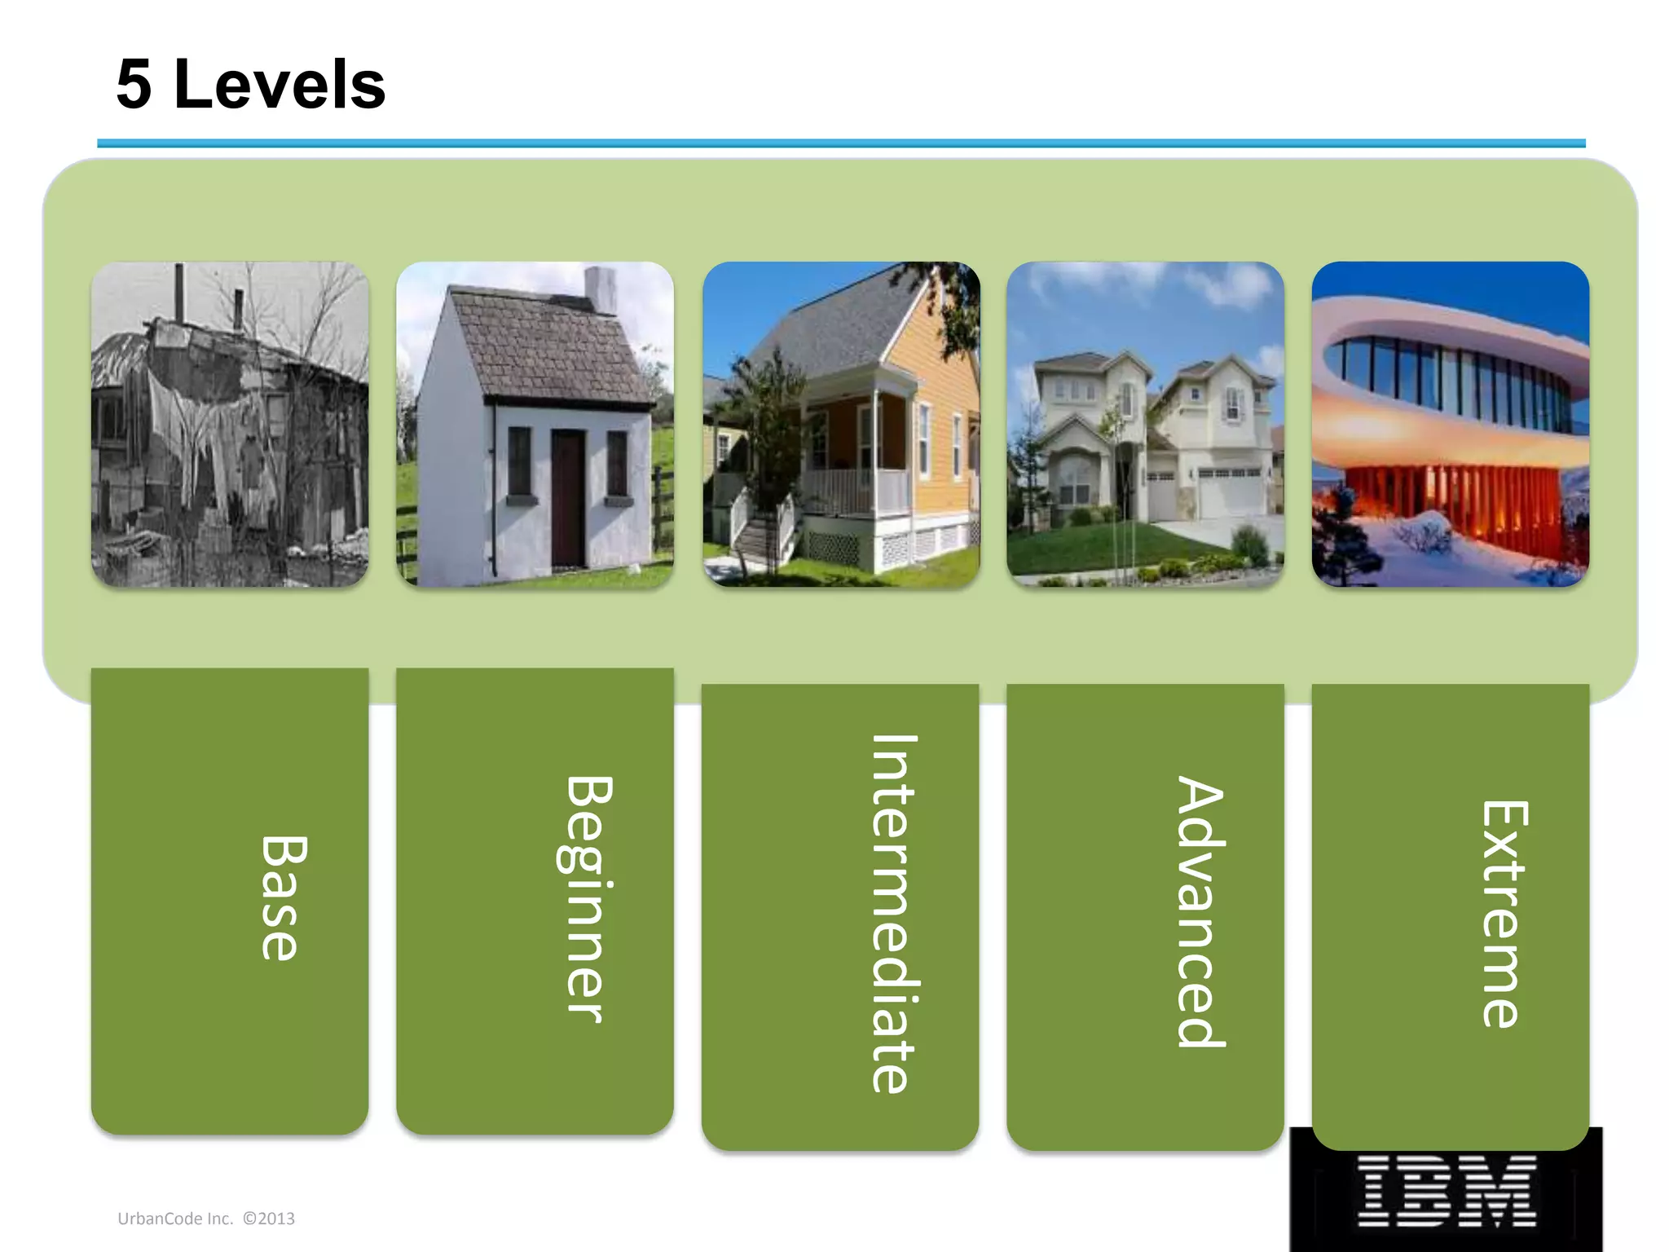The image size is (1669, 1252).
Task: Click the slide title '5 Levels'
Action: click(x=250, y=85)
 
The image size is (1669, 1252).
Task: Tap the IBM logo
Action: click(x=1446, y=1191)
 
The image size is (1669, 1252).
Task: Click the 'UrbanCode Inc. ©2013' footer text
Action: click(x=206, y=1219)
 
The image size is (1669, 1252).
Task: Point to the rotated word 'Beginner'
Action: click(x=587, y=898)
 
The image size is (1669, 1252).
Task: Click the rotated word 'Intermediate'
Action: click(x=892, y=913)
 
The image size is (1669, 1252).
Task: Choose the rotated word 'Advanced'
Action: click(x=1199, y=910)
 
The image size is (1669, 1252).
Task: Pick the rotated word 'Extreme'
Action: click(x=1504, y=913)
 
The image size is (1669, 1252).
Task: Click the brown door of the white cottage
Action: click(x=568, y=499)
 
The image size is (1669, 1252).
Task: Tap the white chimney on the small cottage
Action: click(x=601, y=289)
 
